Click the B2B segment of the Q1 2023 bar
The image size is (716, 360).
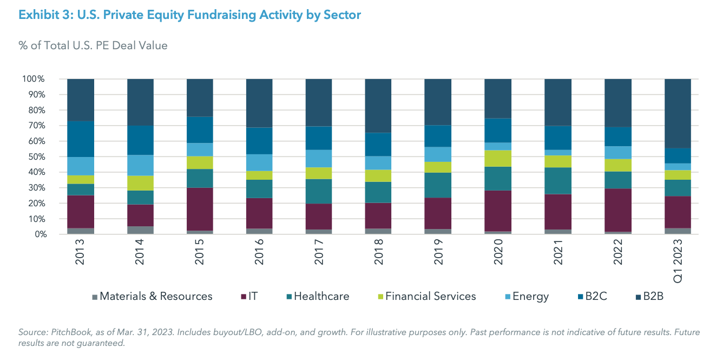click(x=678, y=113)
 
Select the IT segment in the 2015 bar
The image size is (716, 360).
click(x=200, y=209)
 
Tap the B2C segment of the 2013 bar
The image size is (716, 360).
click(x=81, y=139)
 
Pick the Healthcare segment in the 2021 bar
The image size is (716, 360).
click(x=557, y=181)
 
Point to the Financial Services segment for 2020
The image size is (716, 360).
click(x=497, y=158)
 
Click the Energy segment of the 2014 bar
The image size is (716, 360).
click(x=140, y=165)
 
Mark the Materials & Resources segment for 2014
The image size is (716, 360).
click(x=140, y=230)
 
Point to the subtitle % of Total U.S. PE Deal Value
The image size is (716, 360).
click(x=93, y=45)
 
